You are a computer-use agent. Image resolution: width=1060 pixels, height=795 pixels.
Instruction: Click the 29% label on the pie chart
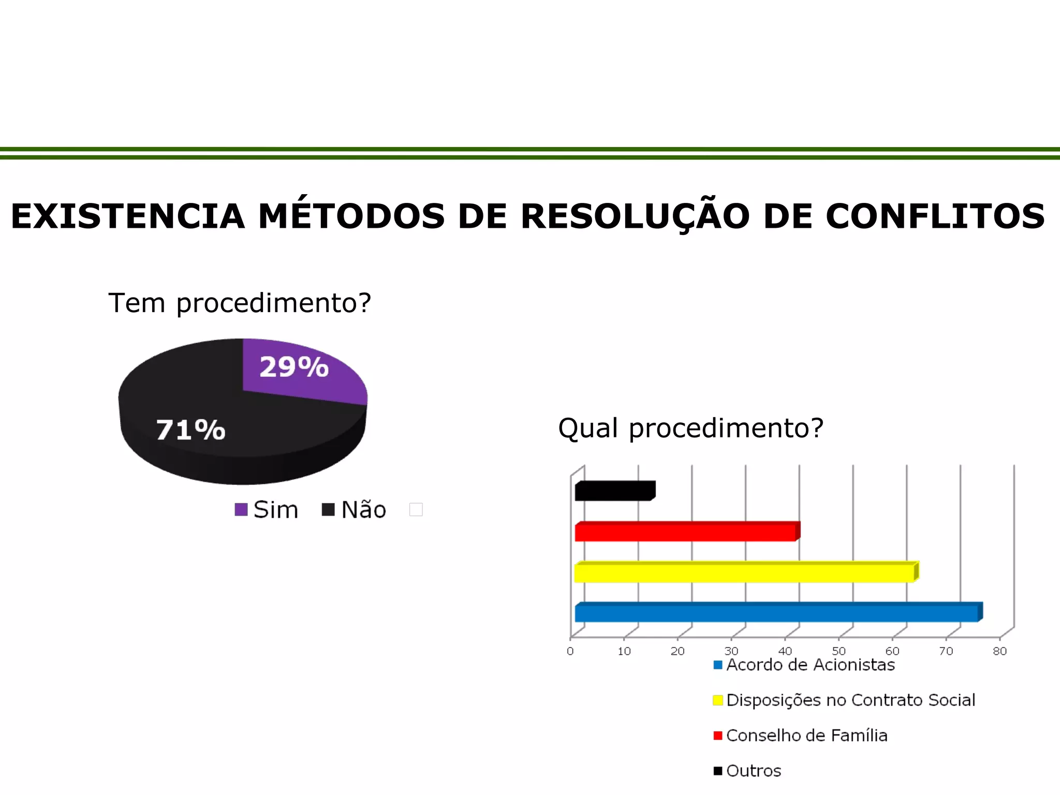pos(294,367)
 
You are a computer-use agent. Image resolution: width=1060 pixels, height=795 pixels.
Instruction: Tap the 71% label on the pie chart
pos(190,430)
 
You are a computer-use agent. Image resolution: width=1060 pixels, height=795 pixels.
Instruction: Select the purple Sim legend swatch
pos(241,510)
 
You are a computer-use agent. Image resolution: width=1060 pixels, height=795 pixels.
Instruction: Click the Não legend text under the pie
pos(363,510)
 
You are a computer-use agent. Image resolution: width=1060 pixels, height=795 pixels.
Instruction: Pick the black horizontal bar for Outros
pos(614,491)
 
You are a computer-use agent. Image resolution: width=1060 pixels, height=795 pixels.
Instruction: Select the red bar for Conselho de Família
pos(685,532)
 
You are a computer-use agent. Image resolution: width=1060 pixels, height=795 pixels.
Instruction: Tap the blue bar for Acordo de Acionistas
pos(776,613)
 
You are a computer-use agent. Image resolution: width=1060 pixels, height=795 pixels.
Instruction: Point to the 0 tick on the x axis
pos(570,652)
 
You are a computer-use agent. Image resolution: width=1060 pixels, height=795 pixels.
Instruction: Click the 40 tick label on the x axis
pos(785,652)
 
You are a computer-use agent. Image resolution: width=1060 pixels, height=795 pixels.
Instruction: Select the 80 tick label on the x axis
pos(999,652)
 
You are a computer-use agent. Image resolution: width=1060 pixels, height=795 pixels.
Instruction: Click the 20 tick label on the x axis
pos(678,652)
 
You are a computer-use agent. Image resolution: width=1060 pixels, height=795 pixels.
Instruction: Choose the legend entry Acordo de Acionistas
pos(810,665)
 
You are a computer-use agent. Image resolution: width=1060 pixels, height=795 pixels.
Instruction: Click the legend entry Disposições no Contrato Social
pos(850,700)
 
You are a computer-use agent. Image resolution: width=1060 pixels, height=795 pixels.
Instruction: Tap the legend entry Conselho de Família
pos(806,735)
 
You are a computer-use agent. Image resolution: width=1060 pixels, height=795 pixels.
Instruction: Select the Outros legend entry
pos(753,771)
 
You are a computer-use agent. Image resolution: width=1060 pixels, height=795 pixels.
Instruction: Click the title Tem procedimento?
pos(240,303)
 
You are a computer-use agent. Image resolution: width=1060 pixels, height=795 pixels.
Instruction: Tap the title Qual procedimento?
pos(690,428)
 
